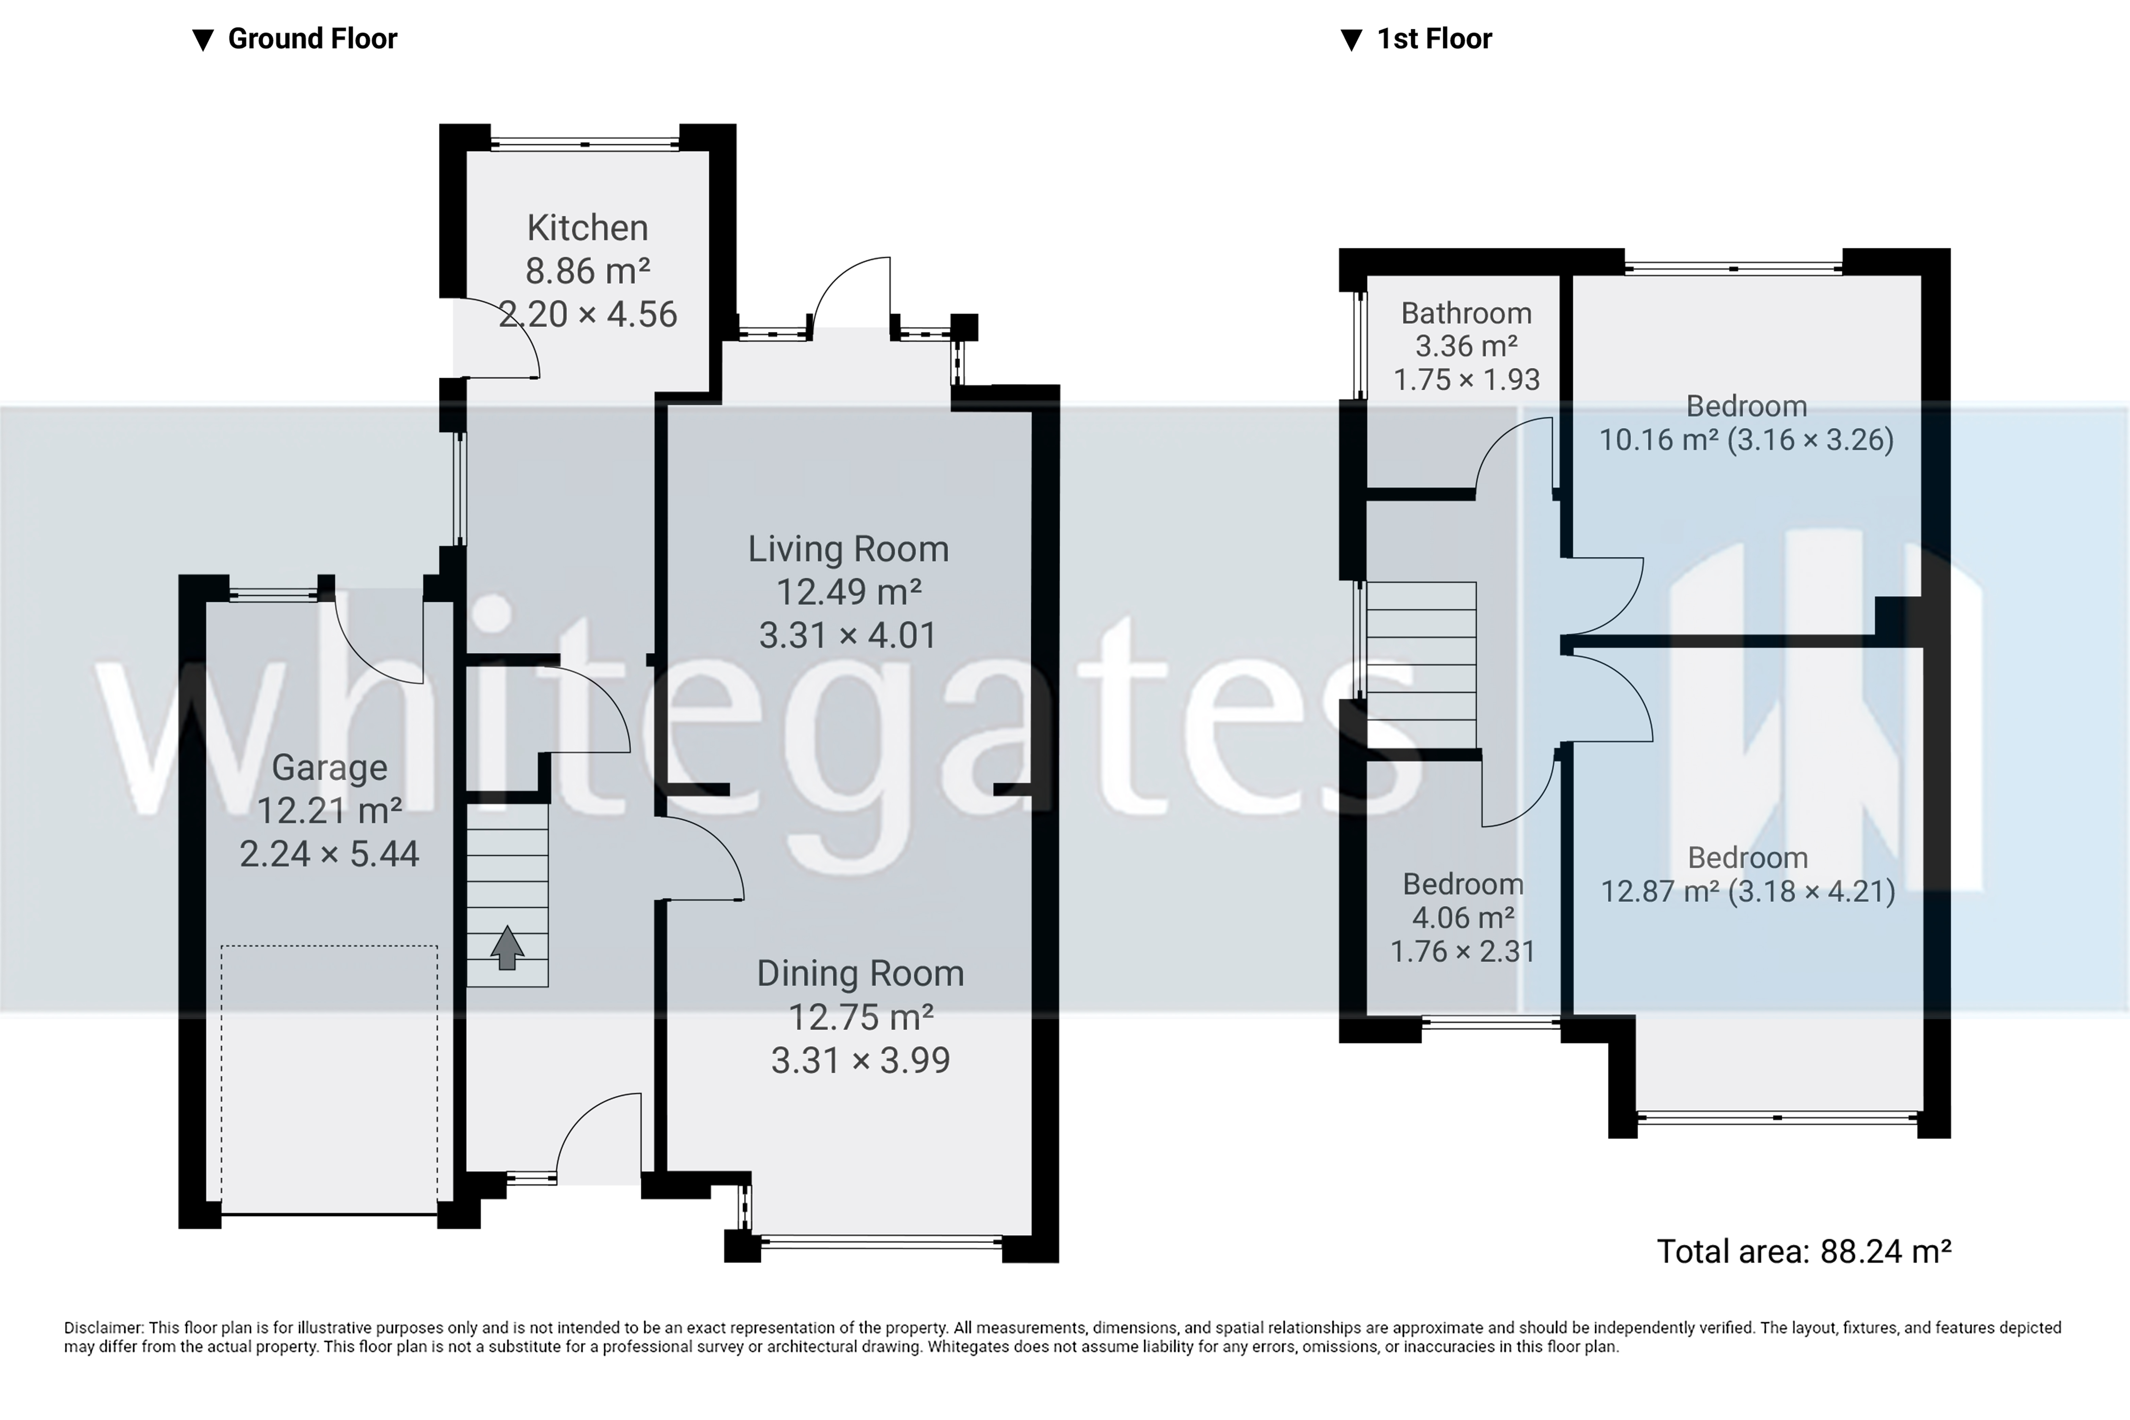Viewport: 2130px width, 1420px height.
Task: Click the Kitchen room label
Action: pos(588,227)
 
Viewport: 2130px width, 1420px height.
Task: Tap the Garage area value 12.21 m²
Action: pos(330,810)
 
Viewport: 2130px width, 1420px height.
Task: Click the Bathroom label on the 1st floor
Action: pos(1466,313)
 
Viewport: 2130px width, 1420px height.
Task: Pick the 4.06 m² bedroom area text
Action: pos(1463,918)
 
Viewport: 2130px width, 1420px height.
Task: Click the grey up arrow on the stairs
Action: pos(507,947)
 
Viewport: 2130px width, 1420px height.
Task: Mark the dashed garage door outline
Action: pos(330,946)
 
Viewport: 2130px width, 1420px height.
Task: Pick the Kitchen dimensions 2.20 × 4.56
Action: pos(588,314)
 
